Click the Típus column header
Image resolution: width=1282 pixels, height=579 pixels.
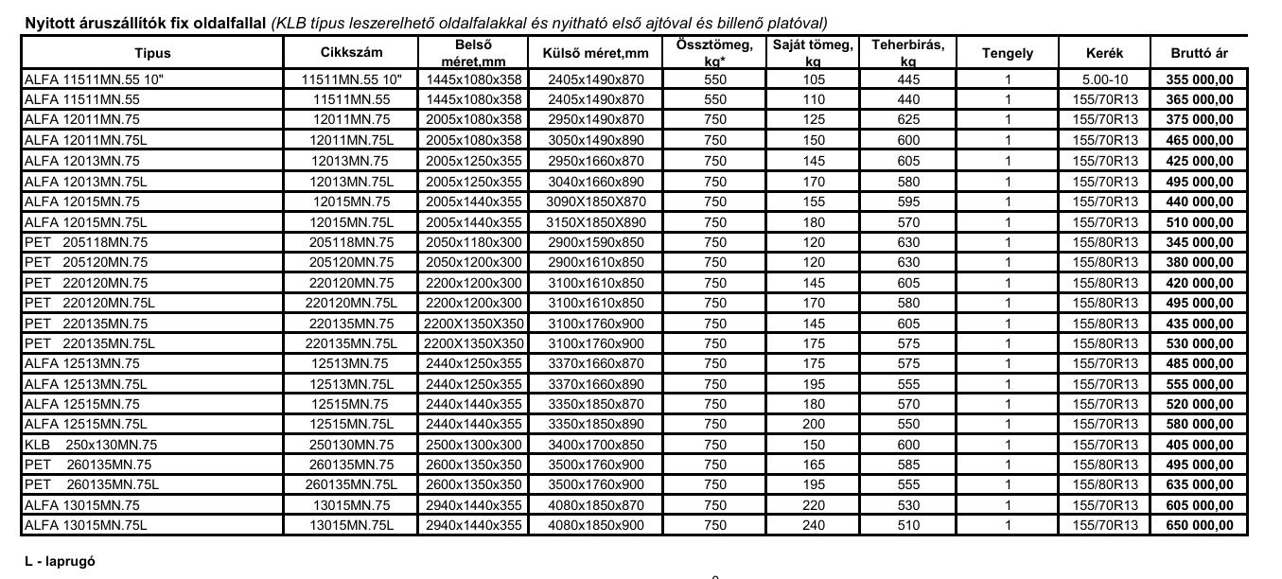tap(152, 54)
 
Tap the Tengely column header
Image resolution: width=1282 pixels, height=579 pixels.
tap(1008, 54)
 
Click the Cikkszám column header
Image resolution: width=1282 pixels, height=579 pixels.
tap(350, 54)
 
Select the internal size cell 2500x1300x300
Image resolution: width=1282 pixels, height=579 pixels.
tap(473, 445)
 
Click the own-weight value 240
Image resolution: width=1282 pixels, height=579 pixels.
tap(813, 525)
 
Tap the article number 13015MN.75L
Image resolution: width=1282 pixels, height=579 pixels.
tap(350, 525)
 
